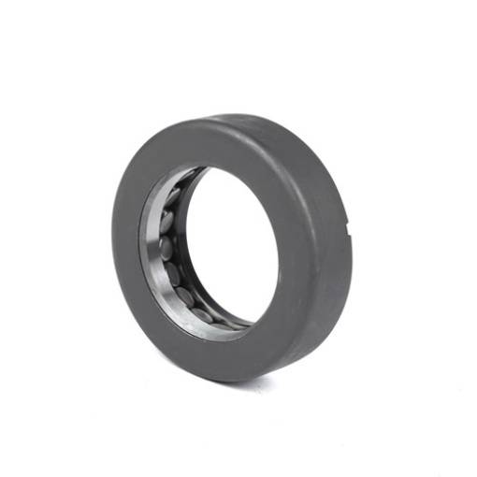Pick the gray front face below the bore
pos(224,351)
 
